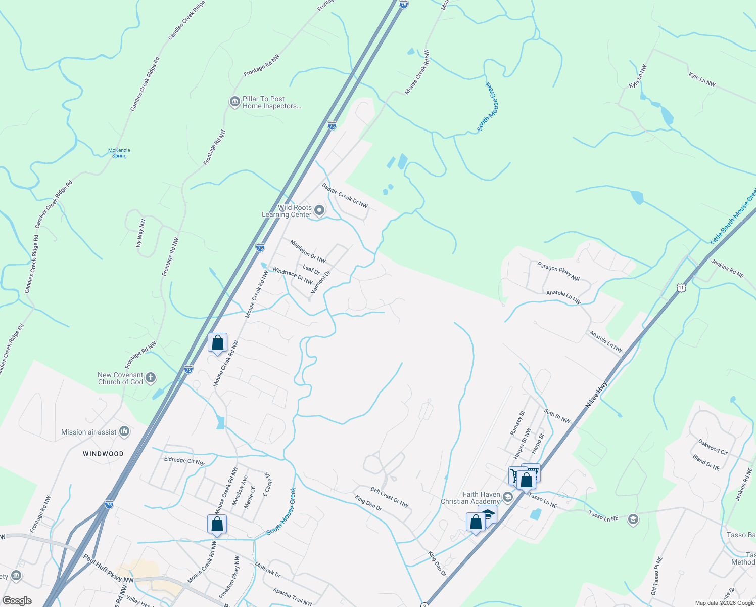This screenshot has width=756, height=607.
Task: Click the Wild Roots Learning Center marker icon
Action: click(319, 210)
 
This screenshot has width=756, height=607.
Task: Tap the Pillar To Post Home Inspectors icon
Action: click(234, 102)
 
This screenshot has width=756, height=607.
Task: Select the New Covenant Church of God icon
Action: click(150, 378)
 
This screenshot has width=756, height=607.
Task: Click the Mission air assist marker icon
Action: click(124, 431)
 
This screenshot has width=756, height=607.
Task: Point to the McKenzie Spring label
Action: click(119, 153)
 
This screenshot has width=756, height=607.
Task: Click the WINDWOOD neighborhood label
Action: click(103, 454)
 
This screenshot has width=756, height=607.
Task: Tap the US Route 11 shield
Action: click(681, 288)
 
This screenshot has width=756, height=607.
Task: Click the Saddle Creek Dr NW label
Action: click(345, 195)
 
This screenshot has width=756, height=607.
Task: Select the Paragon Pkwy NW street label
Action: click(558, 271)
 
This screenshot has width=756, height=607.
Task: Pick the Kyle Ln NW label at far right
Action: click(702, 80)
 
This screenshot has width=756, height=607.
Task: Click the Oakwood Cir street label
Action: click(713, 446)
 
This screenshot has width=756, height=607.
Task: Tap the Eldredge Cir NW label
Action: click(184, 461)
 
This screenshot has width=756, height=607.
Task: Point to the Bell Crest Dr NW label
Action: click(389, 497)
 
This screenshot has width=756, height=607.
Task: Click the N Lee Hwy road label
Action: click(596, 395)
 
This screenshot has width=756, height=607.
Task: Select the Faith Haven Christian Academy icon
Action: click(508, 497)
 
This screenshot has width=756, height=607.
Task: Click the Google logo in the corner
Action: click(17, 601)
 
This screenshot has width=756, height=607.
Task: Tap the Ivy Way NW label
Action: click(140, 233)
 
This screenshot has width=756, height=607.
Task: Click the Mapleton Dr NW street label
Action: click(308, 251)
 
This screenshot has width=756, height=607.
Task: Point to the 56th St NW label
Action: click(557, 416)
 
